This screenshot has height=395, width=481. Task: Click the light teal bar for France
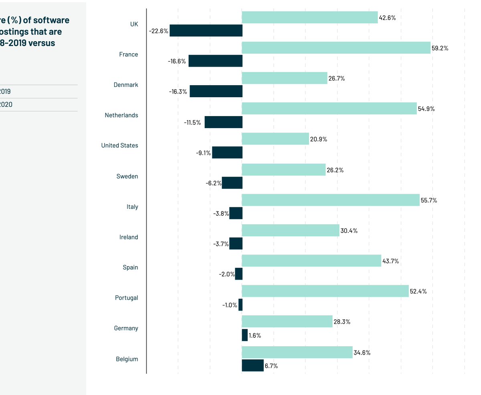pos(336,48)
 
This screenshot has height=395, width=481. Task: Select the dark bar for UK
pos(206,30)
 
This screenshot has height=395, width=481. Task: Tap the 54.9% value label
pos(426,109)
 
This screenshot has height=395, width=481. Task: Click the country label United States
pos(119,146)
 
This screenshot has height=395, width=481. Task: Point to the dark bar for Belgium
pos(253,365)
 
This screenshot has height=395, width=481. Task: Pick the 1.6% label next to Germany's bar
pos(255,335)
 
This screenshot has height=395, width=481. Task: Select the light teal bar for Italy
pos(331,200)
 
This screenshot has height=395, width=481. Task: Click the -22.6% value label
pos(158,31)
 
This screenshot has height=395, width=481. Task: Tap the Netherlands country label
pos(121,115)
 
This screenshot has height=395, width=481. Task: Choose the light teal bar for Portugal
pos(325,291)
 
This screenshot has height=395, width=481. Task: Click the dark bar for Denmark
pos(216,91)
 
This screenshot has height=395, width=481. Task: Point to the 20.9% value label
pos(319,139)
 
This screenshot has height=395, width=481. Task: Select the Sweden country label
pos(127,176)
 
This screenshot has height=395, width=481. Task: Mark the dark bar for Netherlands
pos(223,122)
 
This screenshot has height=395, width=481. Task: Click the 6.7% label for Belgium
pos(271,366)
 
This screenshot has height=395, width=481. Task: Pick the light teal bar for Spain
pos(311,261)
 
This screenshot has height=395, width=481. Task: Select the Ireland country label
pos(128,237)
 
